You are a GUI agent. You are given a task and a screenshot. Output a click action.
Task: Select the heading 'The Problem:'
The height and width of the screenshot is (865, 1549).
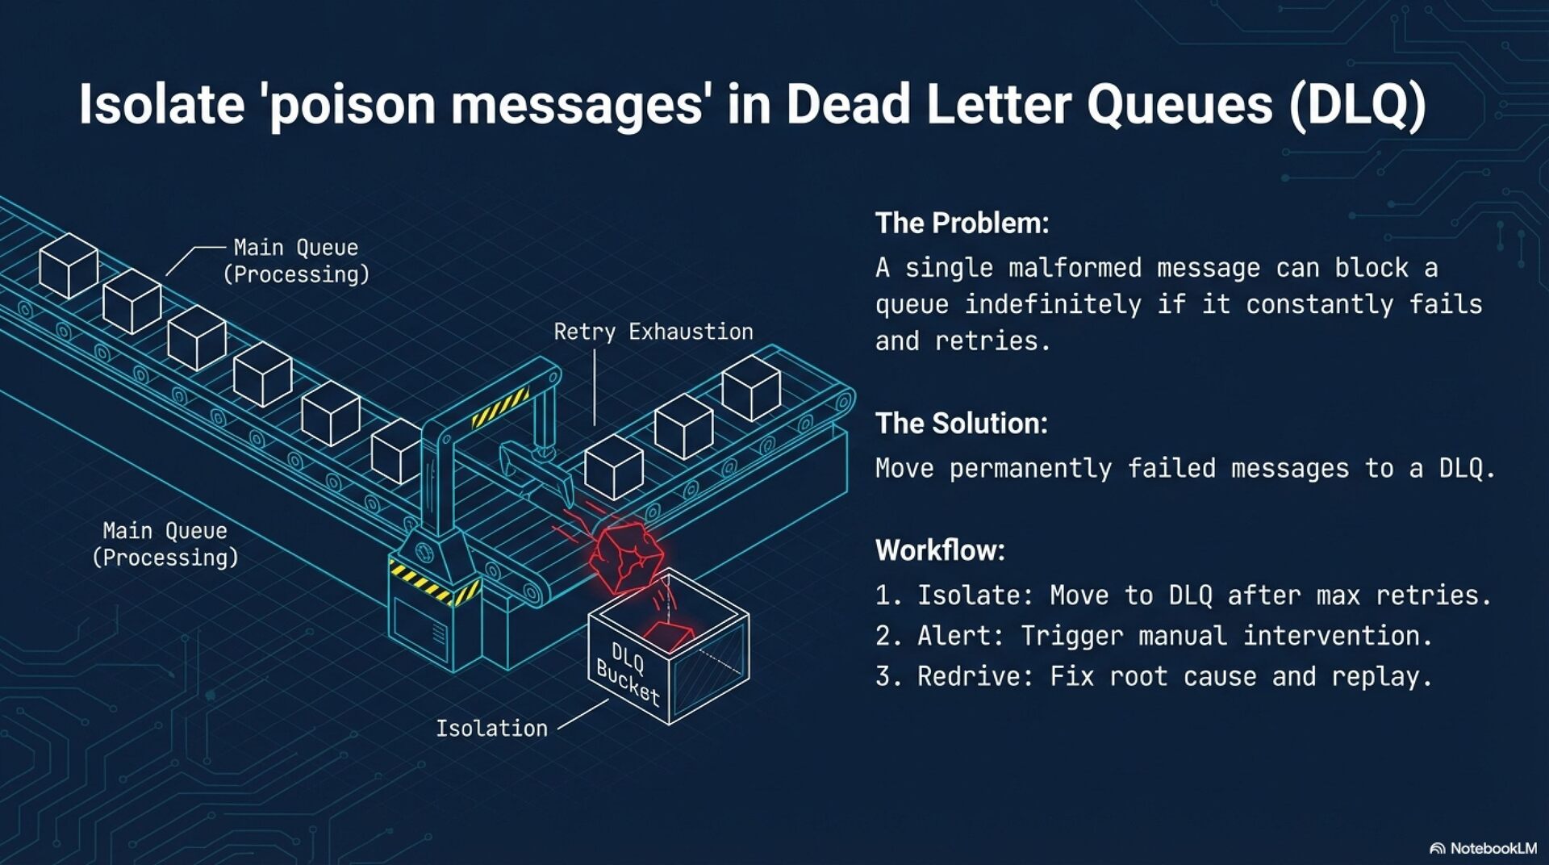(x=962, y=224)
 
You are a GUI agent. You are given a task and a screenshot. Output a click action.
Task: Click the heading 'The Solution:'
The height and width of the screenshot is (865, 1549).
(x=961, y=424)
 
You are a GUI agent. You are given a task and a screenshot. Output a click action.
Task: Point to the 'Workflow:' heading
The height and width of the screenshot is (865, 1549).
(x=940, y=550)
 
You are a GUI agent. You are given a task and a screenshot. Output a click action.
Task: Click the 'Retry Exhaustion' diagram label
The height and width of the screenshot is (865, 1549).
(x=653, y=332)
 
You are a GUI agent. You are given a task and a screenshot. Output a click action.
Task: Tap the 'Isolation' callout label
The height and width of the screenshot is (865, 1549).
(x=491, y=729)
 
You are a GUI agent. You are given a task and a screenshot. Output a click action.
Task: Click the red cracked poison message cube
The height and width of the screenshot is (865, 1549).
(x=626, y=555)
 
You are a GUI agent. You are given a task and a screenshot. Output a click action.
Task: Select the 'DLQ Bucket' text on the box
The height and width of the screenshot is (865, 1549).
(x=628, y=673)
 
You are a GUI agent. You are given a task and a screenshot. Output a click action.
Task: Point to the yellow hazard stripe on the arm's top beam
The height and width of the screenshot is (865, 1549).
(x=500, y=407)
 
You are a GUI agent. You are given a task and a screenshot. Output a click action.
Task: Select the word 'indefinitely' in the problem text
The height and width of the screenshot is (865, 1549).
(x=1053, y=305)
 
